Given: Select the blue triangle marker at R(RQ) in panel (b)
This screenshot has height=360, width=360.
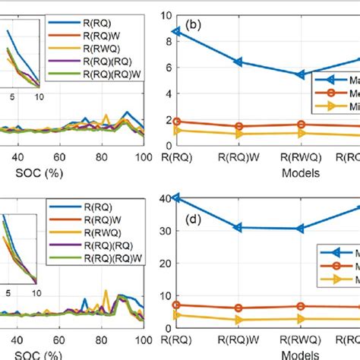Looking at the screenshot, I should pyautogui.click(x=176, y=32).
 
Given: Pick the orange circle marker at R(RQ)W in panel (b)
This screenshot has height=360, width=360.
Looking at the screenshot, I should pyautogui.click(x=239, y=127).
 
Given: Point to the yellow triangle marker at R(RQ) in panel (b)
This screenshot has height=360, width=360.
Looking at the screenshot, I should pyautogui.click(x=176, y=131).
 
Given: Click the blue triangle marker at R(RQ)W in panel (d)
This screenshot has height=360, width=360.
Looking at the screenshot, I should pyautogui.click(x=239, y=227).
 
